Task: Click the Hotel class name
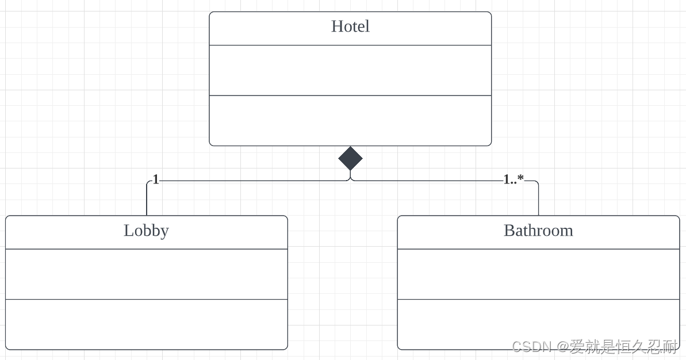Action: point(350,26)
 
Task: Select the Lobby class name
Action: point(146,231)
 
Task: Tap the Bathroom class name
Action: point(538,231)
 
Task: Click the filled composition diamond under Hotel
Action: point(350,158)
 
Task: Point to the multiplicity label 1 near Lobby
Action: point(156,179)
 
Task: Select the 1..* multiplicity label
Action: point(513,179)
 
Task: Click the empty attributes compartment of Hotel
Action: point(350,70)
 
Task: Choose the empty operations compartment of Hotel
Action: point(350,121)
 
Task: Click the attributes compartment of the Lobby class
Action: point(146,274)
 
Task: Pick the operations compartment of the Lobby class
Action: point(146,324)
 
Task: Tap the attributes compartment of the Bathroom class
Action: point(538,274)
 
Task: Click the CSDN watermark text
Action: point(595,346)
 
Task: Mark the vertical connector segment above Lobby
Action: point(147,200)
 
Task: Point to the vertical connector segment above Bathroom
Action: point(539,200)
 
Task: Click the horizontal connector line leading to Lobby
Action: point(253,181)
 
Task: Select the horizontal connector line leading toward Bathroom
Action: point(426,181)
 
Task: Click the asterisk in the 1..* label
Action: point(520,178)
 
